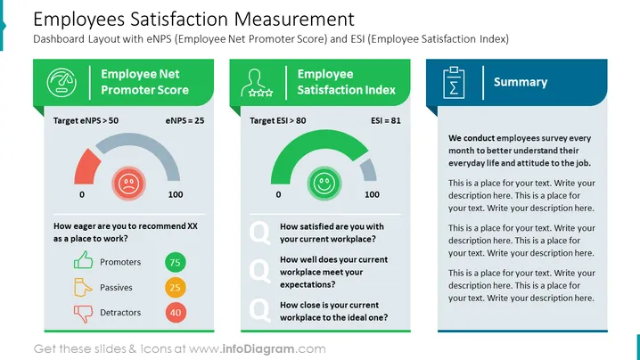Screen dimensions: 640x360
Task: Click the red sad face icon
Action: pyautogui.click(x=128, y=184)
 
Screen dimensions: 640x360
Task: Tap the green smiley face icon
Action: pyautogui.click(x=324, y=184)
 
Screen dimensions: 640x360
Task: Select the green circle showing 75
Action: pyautogui.click(x=175, y=263)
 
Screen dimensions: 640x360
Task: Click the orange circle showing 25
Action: pyautogui.click(x=175, y=287)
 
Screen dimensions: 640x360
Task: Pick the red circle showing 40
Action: pyautogui.click(x=176, y=313)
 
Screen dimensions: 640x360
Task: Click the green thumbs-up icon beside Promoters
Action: pyautogui.click(x=83, y=260)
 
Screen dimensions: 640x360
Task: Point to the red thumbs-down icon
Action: pyautogui.click(x=83, y=314)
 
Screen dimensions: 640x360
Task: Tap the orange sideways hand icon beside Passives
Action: pyautogui.click(x=83, y=287)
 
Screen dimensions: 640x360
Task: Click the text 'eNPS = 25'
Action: pyautogui.click(x=185, y=120)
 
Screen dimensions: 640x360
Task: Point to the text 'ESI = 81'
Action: pyautogui.click(x=386, y=120)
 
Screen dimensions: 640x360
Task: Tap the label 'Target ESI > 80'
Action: pyautogui.click(x=277, y=120)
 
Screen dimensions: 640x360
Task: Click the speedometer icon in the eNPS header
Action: pyautogui.click(x=62, y=83)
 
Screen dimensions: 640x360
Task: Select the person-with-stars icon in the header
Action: pyautogui.click(x=257, y=83)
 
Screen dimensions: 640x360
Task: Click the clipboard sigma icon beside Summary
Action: pyautogui.click(x=454, y=83)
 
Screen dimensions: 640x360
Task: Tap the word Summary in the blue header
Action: pyautogui.click(x=521, y=82)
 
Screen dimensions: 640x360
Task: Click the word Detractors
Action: pyautogui.click(x=120, y=313)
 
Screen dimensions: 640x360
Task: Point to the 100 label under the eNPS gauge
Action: pyautogui.click(x=176, y=194)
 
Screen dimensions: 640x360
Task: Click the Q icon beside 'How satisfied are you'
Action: pyautogui.click(x=260, y=233)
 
